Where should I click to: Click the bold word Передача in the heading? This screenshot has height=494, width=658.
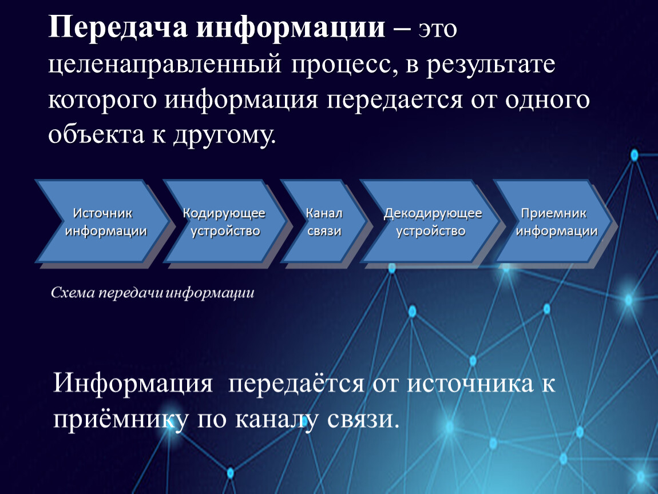118,27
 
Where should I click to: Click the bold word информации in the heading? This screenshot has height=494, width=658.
291,27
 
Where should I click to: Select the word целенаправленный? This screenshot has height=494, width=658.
165,65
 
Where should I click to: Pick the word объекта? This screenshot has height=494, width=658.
96,134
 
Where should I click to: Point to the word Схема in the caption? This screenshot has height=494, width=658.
73,293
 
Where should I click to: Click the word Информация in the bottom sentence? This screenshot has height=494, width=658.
133,383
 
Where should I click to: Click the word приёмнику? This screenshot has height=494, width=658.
120,419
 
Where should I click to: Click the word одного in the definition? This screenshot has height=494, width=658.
547,100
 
